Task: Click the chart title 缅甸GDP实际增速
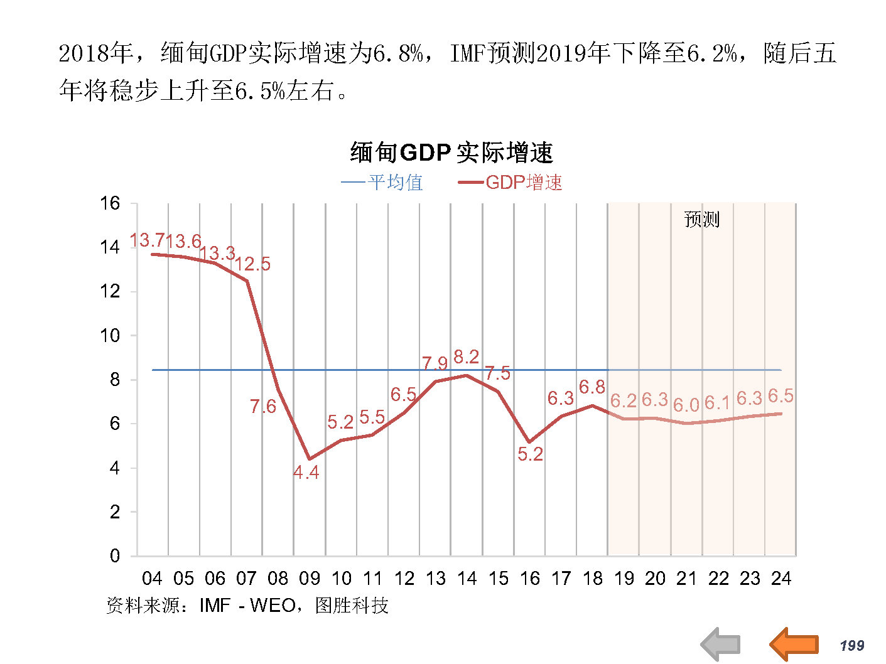pyautogui.click(x=451, y=153)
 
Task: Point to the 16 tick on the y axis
pyautogui.click(x=110, y=203)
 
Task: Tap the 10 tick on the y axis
pyautogui.click(x=110, y=336)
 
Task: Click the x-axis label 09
pyautogui.click(x=310, y=579)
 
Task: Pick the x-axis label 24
pyautogui.click(x=781, y=579)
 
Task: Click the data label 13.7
pyautogui.click(x=146, y=240)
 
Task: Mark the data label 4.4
pyautogui.click(x=306, y=473)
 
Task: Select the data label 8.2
pyautogui.click(x=466, y=357)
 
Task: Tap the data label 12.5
pyautogui.click(x=253, y=264)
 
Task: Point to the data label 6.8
pyautogui.click(x=592, y=387)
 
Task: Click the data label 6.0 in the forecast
pyautogui.click(x=686, y=405)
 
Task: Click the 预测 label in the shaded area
pyautogui.click(x=701, y=220)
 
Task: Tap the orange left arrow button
pyautogui.click(x=794, y=644)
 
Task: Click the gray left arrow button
pyautogui.click(x=721, y=644)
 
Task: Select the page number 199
pyautogui.click(x=852, y=646)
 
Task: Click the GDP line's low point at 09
pyautogui.click(x=309, y=459)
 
